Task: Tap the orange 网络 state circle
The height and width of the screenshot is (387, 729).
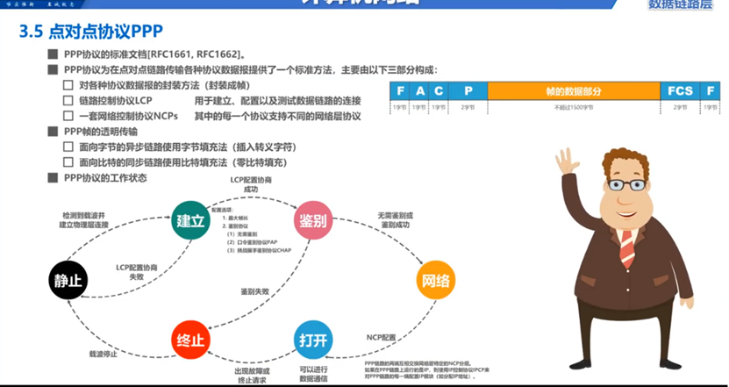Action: (x=436, y=281)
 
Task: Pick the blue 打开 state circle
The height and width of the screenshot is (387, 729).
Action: (x=313, y=339)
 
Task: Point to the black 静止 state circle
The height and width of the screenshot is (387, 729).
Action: (x=68, y=281)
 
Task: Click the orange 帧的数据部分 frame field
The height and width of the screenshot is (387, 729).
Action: (x=574, y=91)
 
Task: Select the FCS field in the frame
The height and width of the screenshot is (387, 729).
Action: (x=680, y=91)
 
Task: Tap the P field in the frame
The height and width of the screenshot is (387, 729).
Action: (x=468, y=91)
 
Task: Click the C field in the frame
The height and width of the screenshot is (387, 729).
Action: (x=439, y=91)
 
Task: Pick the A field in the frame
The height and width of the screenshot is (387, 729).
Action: (x=419, y=91)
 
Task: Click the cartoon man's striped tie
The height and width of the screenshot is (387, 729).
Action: (x=626, y=247)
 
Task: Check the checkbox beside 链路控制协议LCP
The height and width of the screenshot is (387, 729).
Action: (x=68, y=101)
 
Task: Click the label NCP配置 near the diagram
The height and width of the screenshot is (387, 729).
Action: (x=381, y=336)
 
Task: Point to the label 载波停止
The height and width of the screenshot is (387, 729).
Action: (x=103, y=355)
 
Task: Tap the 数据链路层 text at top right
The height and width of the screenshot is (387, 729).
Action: (x=680, y=6)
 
